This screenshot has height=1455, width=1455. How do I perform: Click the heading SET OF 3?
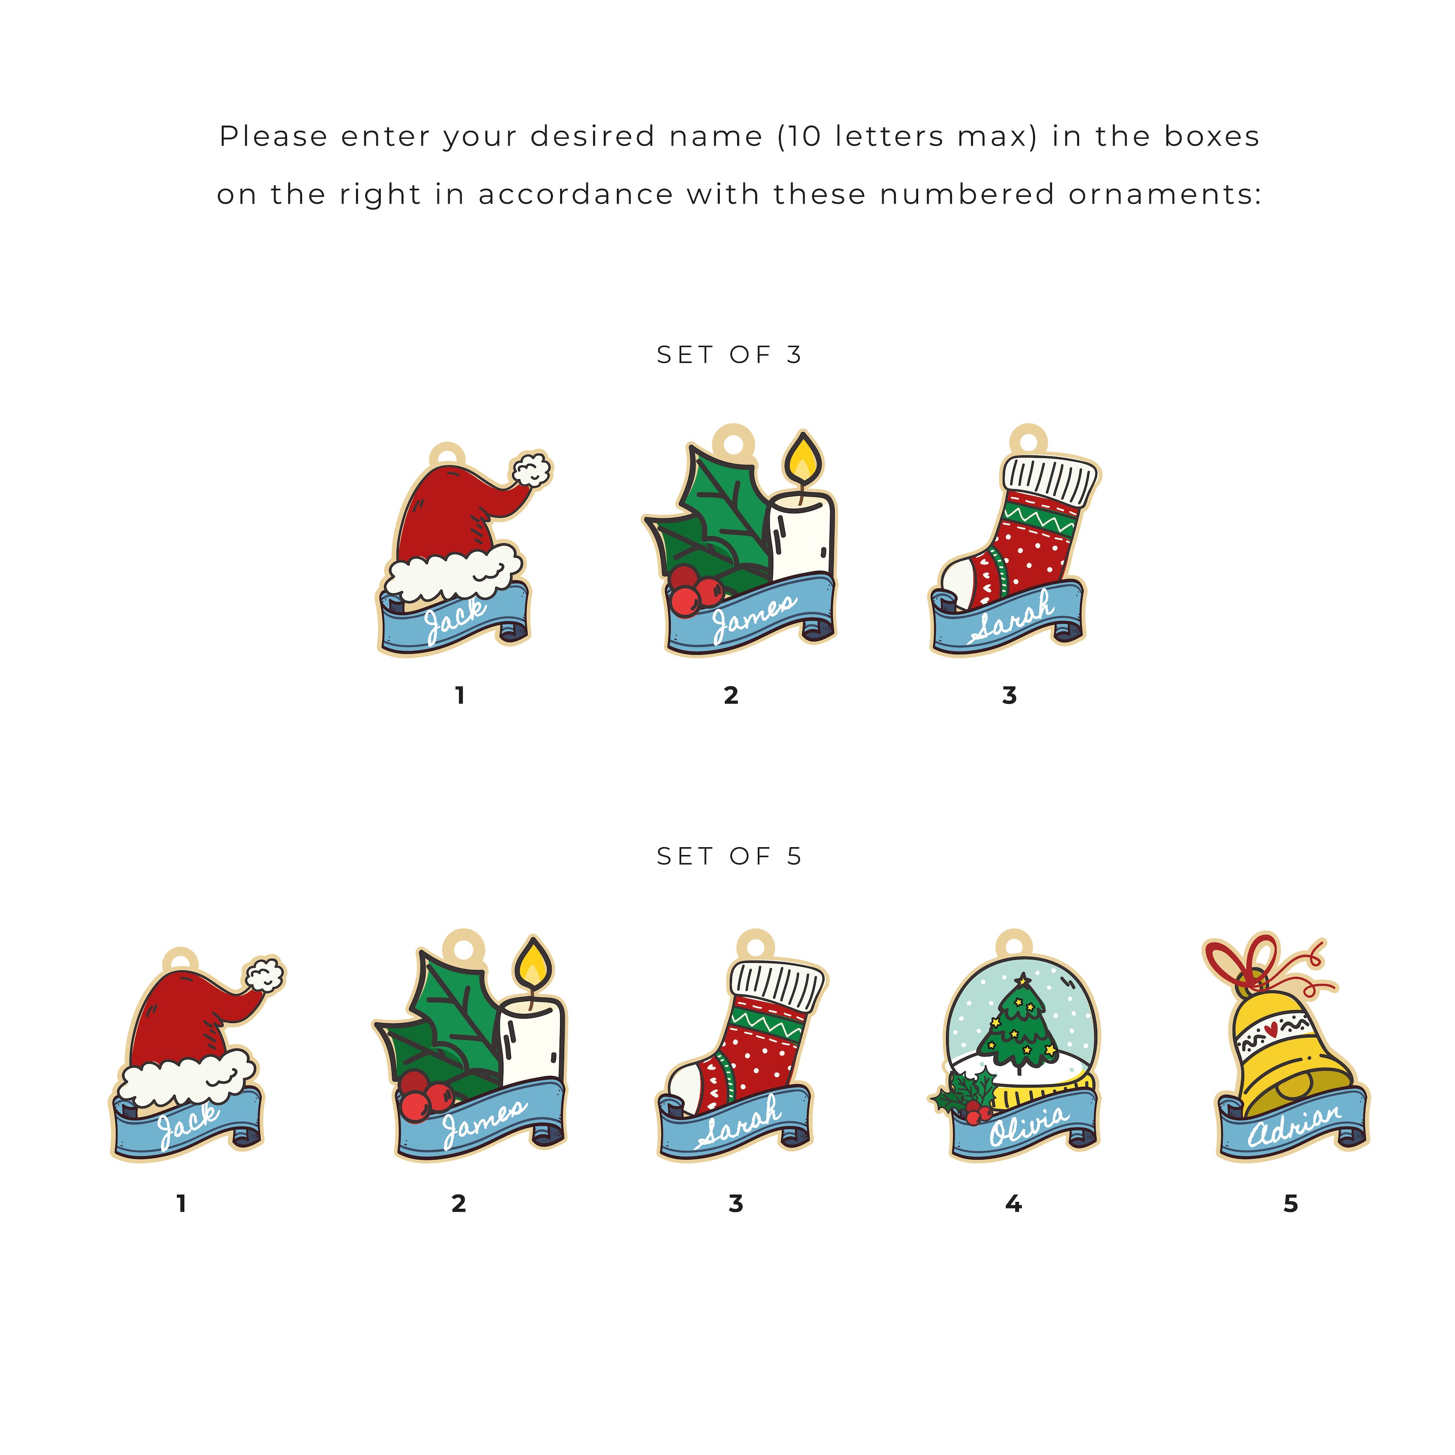[729, 355]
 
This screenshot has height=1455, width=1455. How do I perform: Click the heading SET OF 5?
[729, 857]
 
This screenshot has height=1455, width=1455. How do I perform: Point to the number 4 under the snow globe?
[1014, 1203]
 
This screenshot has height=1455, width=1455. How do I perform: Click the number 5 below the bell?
[1291, 1203]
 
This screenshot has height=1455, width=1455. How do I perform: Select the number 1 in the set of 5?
[181, 1203]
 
